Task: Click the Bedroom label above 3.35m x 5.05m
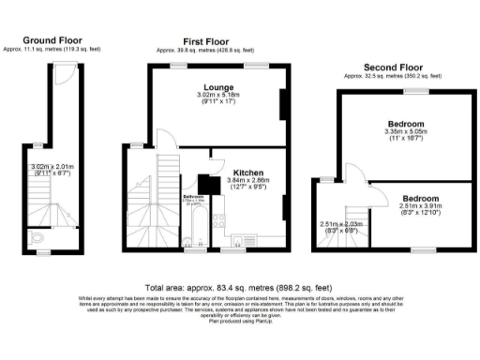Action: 406,124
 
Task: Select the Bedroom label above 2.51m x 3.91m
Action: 421,199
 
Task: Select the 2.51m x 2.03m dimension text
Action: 339,224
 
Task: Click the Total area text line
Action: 239,287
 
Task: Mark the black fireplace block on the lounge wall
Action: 282,105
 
